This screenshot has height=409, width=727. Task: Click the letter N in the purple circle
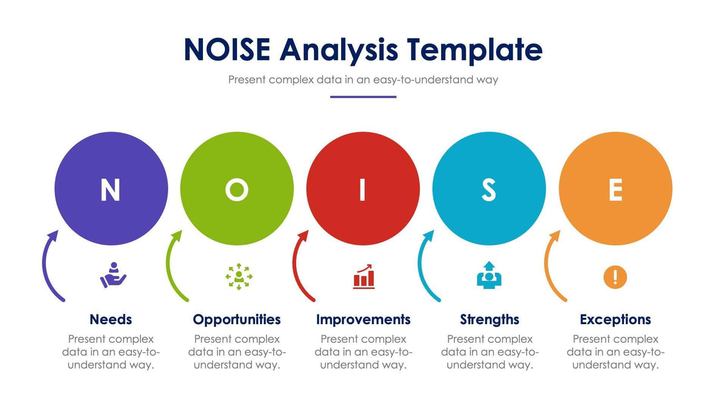(110, 190)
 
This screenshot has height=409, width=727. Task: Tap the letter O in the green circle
(237, 190)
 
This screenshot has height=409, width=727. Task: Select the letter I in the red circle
(363, 190)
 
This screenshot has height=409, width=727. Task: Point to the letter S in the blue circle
(488, 190)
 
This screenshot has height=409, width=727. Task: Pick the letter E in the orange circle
(615, 190)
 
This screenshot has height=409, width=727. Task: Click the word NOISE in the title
(228, 50)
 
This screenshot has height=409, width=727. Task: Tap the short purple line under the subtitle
(363, 97)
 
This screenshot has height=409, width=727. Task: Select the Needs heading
(110, 319)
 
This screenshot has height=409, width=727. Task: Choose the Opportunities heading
(237, 319)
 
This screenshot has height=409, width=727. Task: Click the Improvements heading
(363, 319)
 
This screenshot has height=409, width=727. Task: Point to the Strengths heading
(489, 319)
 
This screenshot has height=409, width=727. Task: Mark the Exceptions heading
(615, 319)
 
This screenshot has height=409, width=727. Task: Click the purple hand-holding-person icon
(113, 276)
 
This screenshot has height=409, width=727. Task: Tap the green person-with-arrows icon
(239, 276)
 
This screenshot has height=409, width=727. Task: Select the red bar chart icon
(363, 276)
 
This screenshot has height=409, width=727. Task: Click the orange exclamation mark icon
(615, 278)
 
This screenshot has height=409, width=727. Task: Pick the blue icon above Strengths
(489, 276)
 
